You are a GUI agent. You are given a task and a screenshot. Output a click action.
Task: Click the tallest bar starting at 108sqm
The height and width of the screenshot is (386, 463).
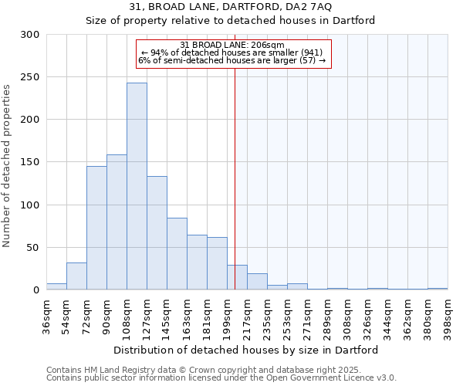137,186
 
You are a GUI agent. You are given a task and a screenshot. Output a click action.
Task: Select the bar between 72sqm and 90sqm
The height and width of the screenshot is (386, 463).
96,228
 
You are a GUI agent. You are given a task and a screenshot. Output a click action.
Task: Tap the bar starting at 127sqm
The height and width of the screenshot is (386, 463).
157,233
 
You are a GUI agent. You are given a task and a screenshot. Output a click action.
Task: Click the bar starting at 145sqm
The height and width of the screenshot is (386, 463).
177,254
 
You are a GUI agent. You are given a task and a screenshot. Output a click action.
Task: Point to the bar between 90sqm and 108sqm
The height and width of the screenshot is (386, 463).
117,222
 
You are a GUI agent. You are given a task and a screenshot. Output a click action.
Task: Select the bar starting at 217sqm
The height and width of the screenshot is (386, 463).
257,282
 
